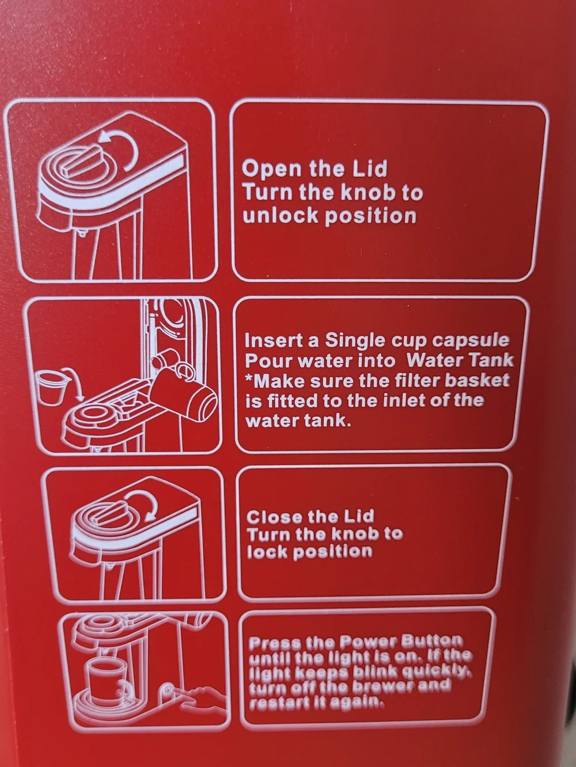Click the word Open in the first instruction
[x=272, y=170]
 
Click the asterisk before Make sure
[x=249, y=379]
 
